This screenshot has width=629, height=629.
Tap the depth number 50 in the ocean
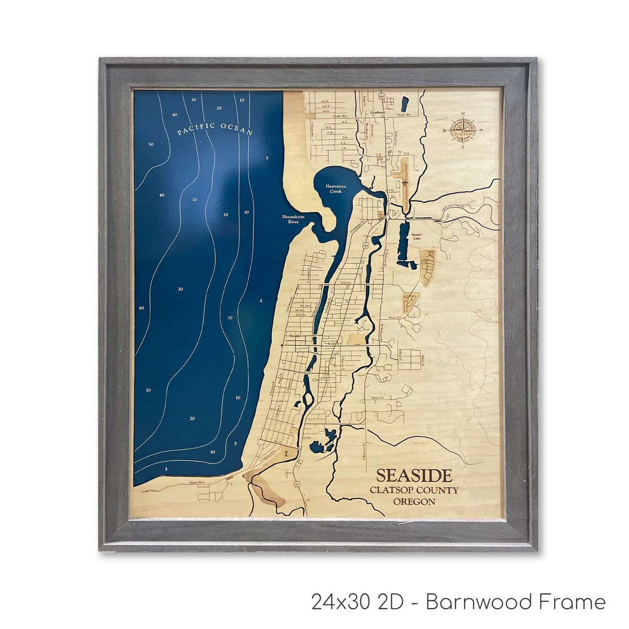point(151,145)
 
